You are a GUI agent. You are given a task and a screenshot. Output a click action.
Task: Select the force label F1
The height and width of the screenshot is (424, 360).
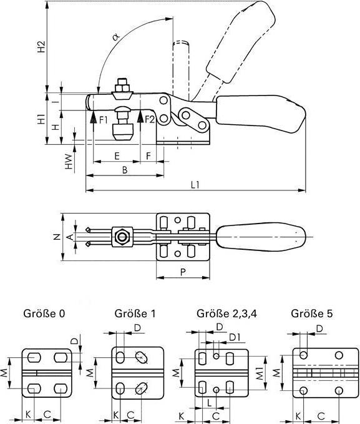point(103,119)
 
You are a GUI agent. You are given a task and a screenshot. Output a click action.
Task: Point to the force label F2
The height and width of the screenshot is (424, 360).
point(150,119)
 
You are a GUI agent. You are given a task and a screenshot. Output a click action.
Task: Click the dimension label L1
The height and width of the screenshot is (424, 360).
point(195,185)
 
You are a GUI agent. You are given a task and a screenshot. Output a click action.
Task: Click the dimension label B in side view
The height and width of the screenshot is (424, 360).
point(125,169)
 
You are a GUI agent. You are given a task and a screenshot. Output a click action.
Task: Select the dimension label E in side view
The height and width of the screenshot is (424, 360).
point(117,154)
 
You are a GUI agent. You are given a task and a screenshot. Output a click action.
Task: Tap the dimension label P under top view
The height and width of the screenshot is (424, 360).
point(183,272)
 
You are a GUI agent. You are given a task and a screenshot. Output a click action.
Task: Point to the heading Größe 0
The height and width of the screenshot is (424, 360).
point(44,313)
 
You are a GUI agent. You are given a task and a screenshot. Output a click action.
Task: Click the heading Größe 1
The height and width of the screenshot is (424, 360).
point(135,313)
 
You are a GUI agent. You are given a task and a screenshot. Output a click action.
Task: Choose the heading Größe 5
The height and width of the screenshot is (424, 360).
point(311,313)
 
